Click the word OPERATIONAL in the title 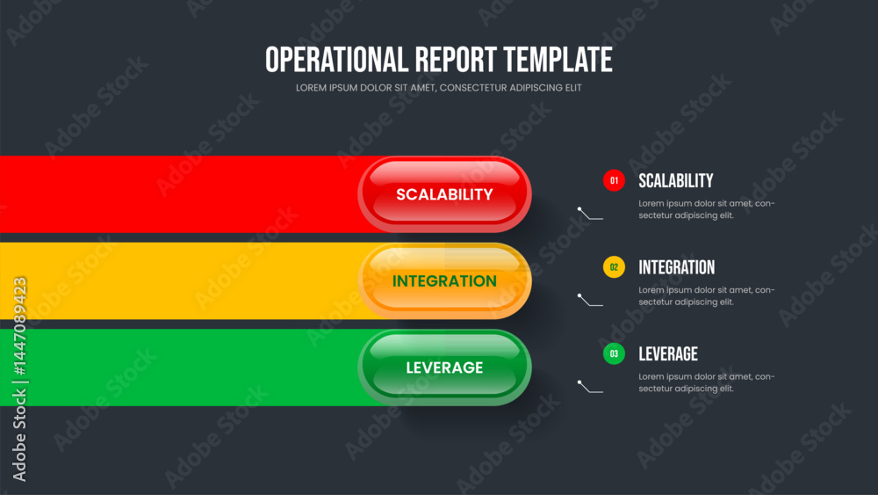coord(336,60)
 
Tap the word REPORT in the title coord(456,60)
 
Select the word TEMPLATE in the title coord(558,60)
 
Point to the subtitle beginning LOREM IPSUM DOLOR coord(438,88)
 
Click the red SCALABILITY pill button coord(444,194)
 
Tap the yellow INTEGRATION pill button coord(444,280)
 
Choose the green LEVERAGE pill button coord(444,368)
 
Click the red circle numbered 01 coord(614,180)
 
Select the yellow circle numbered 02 coord(614,267)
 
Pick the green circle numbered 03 coord(614,353)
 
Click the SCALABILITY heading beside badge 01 coord(676,180)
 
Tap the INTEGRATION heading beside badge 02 coord(676,267)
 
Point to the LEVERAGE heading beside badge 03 coord(668,353)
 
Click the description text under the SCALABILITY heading coord(707,209)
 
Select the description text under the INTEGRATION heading coord(707,296)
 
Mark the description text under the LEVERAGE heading coord(707,382)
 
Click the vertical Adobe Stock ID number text coord(19,326)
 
